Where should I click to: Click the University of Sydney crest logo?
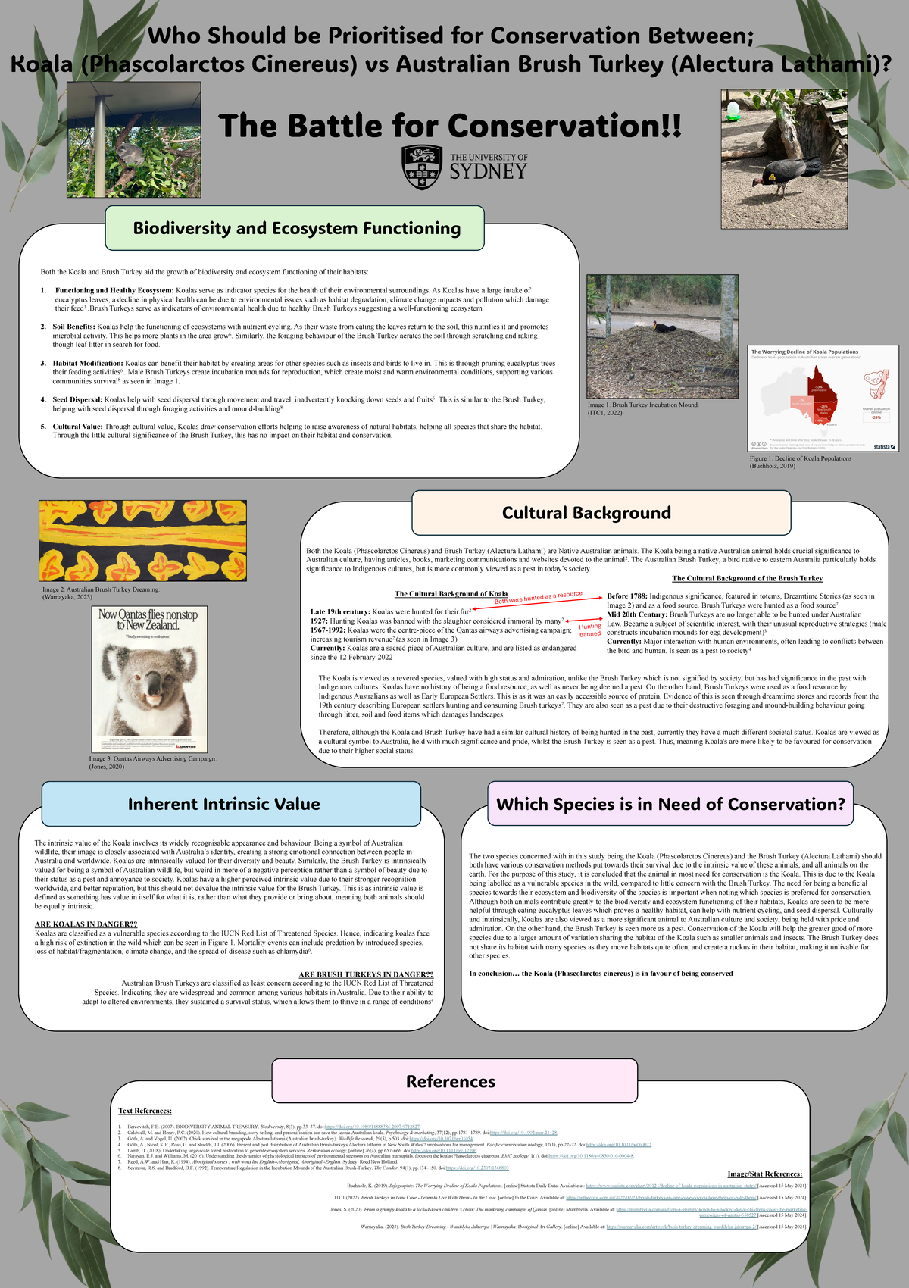tap(422, 167)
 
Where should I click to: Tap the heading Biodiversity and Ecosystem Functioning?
tap(296, 228)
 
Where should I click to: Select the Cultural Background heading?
tap(586, 513)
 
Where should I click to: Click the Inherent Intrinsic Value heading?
tap(223, 804)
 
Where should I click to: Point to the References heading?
tap(450, 1081)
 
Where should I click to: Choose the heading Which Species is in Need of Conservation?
tap(670, 804)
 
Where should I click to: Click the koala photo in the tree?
tap(134, 140)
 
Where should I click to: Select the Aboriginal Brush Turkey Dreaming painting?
tap(142, 540)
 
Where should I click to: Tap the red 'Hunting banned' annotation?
tap(590, 630)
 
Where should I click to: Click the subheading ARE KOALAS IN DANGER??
tap(86, 924)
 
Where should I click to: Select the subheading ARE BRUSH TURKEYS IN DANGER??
tap(366, 974)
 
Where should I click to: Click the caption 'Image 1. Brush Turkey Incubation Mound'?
tap(642, 405)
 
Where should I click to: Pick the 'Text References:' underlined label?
tap(145, 1111)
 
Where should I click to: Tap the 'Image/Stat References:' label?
tap(764, 1174)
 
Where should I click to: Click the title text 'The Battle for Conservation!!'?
tap(450, 126)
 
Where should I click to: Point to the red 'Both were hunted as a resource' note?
tap(538, 598)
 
